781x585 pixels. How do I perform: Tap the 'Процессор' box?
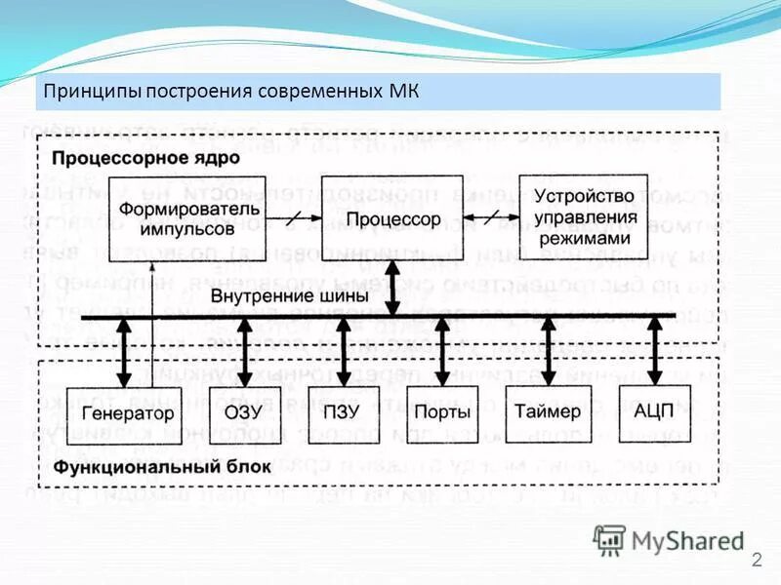(392, 220)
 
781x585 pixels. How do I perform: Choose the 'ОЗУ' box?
(245, 413)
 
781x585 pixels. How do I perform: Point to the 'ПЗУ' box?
(344, 413)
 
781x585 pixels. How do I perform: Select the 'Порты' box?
(442, 413)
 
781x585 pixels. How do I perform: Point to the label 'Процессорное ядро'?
(123, 157)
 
